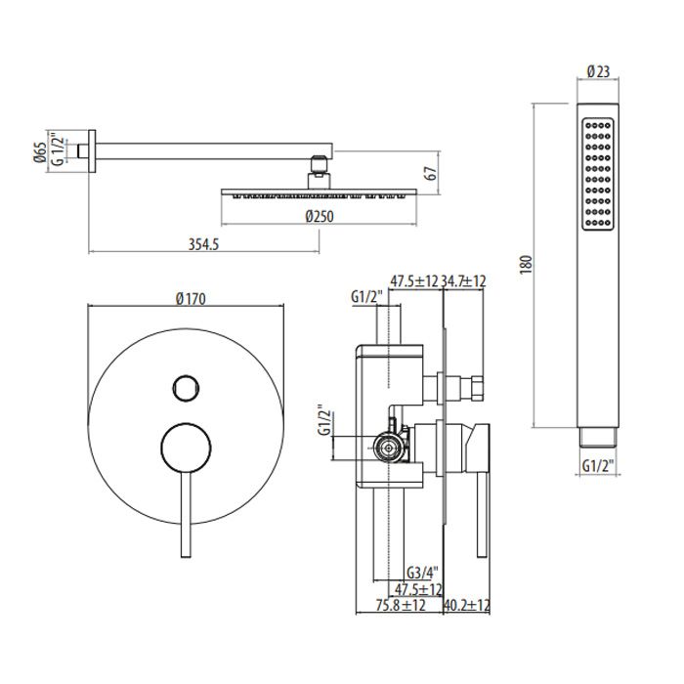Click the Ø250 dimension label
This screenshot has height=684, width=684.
click(x=320, y=216)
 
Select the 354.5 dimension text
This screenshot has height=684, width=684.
click(x=203, y=244)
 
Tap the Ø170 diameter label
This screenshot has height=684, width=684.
click(x=191, y=299)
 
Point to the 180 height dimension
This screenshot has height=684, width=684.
click(x=527, y=265)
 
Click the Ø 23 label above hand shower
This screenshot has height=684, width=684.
click(x=598, y=71)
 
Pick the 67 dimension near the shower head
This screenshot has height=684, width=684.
click(x=431, y=173)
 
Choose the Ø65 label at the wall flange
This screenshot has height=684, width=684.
click(x=39, y=152)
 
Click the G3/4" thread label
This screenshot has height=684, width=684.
click(x=422, y=572)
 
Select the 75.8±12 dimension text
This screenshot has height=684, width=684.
click(x=401, y=605)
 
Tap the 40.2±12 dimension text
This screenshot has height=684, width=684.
click(x=466, y=605)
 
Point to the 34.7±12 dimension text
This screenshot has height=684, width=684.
click(x=463, y=281)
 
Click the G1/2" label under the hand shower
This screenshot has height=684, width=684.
click(x=598, y=466)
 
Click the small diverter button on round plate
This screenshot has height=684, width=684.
click(x=186, y=388)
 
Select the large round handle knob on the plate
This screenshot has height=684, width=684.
click(x=186, y=448)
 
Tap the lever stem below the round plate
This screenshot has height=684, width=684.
click(x=186, y=515)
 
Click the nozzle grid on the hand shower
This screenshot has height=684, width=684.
click(x=598, y=174)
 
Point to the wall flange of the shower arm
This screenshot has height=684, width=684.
click(x=92, y=150)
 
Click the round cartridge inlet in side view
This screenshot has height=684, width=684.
click(x=387, y=448)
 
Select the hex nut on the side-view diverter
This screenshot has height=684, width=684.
click(x=476, y=389)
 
